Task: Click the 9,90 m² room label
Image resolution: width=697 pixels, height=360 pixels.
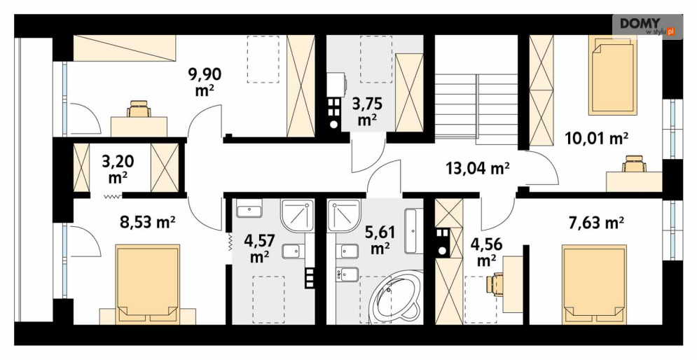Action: click(205, 81)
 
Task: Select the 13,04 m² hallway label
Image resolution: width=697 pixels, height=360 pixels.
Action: click(478, 169)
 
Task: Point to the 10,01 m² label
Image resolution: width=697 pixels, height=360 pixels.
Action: click(597, 139)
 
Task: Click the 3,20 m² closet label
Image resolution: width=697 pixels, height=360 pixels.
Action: click(118, 169)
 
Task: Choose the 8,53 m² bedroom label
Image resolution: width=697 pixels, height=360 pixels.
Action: click(148, 222)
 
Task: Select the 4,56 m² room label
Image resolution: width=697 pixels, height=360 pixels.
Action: click(486, 252)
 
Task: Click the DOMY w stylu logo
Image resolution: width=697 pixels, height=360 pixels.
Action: click(647, 26)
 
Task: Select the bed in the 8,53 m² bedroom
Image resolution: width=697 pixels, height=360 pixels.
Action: click(147, 283)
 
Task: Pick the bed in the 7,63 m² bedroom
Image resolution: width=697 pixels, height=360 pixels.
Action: click(594, 283)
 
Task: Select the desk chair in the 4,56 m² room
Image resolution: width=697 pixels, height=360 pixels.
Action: click(494, 284)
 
